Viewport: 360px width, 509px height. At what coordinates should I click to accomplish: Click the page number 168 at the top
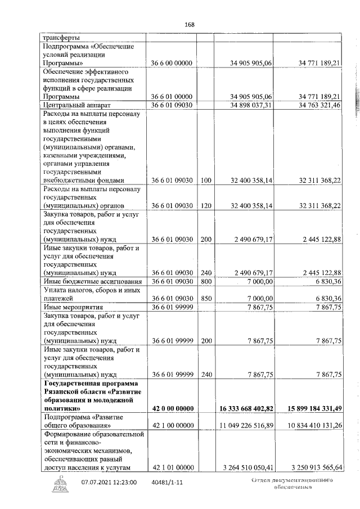pyautogui.click(x=189, y=25)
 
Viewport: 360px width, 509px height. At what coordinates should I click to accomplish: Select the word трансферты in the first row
pyautogui.click(x=60, y=37)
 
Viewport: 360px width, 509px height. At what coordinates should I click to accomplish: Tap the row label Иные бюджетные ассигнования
pyautogui.click(x=90, y=281)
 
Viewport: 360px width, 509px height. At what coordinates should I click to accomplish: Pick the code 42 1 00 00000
pyautogui.click(x=173, y=426)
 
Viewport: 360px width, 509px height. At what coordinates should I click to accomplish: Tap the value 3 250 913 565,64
pyautogui.click(x=309, y=467)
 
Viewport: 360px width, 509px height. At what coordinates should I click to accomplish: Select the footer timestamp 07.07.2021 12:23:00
pyautogui.click(x=109, y=482)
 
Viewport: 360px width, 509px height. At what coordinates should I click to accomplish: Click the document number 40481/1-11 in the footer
pyautogui.click(x=168, y=482)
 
